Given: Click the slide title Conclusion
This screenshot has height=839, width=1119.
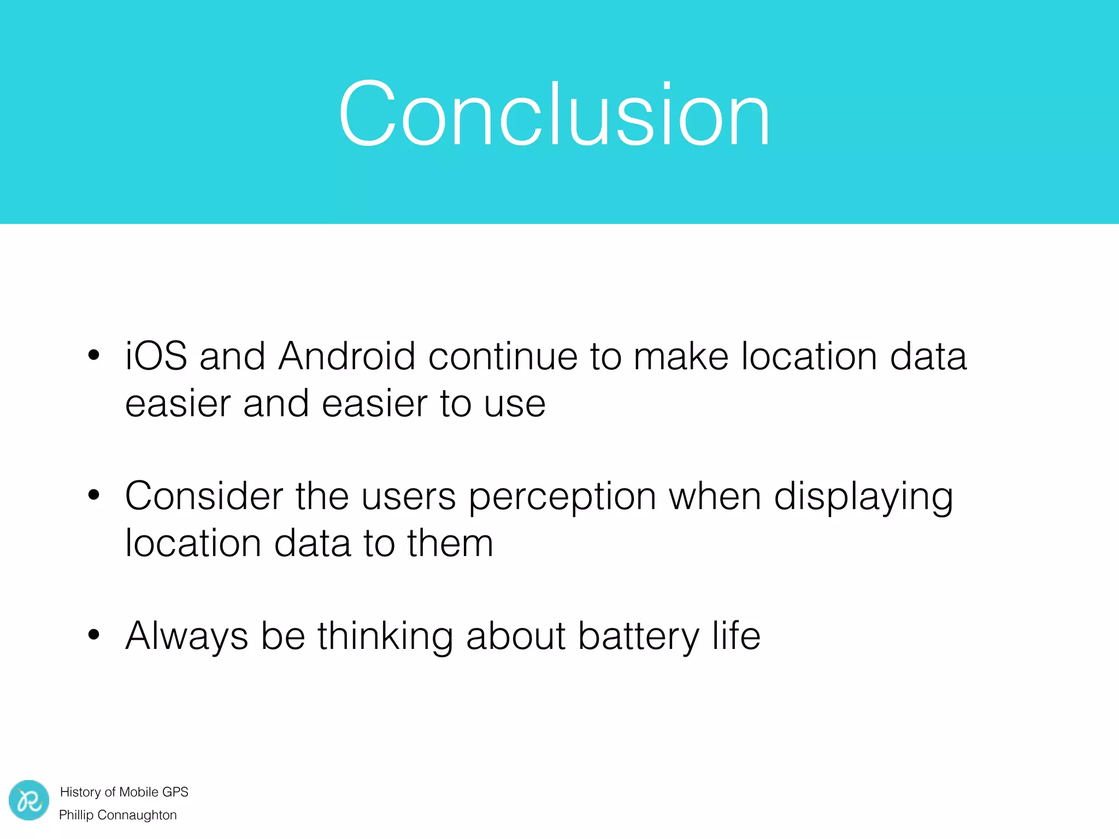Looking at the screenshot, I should (x=554, y=114).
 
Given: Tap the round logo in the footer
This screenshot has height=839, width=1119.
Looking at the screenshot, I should (x=29, y=800).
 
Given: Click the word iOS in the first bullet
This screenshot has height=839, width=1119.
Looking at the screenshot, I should (x=156, y=356).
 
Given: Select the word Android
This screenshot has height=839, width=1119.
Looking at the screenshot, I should (x=346, y=356).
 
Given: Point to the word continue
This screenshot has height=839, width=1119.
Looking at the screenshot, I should (x=503, y=356).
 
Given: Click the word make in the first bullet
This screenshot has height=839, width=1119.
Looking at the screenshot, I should (x=680, y=356).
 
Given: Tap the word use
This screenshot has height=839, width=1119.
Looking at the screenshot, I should (x=515, y=404).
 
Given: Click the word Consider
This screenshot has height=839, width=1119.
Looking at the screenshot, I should (x=204, y=496).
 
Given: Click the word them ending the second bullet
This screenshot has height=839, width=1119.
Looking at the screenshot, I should (x=450, y=543).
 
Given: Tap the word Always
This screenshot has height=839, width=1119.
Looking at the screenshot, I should (x=186, y=637).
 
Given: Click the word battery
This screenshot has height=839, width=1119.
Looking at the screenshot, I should (x=638, y=637).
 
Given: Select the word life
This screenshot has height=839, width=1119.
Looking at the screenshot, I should (x=736, y=636).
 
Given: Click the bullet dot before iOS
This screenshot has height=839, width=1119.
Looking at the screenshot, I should (x=94, y=355).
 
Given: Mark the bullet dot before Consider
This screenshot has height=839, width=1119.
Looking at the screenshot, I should (x=94, y=495).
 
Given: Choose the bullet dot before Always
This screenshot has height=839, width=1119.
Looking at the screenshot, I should (x=94, y=635).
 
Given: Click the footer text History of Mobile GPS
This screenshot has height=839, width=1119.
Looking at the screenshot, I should (x=124, y=792).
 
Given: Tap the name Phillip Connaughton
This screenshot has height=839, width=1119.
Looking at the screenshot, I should (x=118, y=815).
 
